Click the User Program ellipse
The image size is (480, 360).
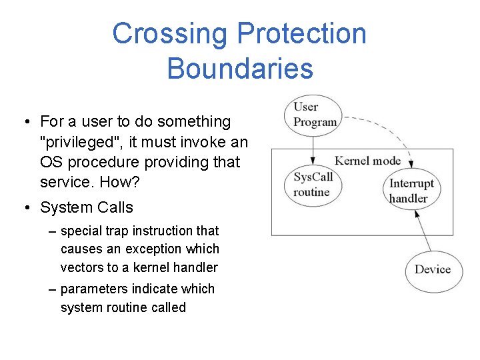pos(313,114)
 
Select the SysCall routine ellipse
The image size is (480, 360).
pos(313,184)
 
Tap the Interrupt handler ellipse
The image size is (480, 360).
pos(411,191)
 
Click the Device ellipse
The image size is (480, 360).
pos(433,269)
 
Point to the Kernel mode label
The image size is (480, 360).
pos(367,161)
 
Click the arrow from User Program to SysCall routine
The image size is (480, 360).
pos(313,147)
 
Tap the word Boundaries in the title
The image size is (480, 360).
pos(240,69)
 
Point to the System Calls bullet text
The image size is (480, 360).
pos(87,207)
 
